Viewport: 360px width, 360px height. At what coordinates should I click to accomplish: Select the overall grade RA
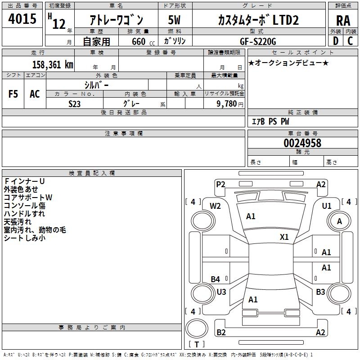point(343,21)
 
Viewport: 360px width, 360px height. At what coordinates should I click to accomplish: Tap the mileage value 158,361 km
point(53,64)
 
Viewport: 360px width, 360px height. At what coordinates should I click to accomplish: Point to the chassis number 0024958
point(302,143)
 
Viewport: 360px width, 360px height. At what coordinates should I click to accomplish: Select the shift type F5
point(13,94)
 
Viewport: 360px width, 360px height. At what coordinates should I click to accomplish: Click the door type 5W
point(174,20)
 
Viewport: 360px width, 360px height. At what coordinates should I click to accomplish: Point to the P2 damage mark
point(220,184)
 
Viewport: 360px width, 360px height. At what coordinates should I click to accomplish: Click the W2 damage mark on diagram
point(215,206)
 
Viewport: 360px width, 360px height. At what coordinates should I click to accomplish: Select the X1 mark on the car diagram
point(284,237)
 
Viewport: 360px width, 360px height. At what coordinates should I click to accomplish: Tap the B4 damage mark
point(216,279)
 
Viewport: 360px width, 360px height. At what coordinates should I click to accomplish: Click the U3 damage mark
point(221,292)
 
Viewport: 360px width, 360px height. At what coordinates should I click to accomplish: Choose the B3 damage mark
point(320,292)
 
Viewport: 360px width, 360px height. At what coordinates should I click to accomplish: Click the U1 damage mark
point(327,206)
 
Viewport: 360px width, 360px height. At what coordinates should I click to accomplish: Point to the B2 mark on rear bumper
point(221,333)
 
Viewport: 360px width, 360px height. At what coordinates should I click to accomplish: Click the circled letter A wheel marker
point(340,221)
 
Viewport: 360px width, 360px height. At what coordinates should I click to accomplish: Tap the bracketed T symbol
point(197,345)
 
